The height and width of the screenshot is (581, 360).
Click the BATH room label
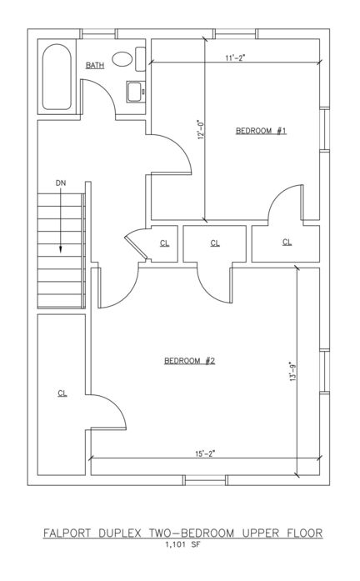tap(95, 65)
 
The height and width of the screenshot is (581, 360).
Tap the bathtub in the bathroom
tap(57, 77)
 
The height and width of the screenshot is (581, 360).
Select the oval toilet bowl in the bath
tap(122, 59)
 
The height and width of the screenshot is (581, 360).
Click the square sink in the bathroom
tap(133, 92)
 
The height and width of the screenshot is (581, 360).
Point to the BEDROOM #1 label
tap(261, 130)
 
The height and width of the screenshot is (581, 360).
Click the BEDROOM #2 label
tap(190, 361)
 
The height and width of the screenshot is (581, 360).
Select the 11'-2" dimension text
tap(235, 58)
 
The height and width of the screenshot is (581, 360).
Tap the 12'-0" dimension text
tap(201, 129)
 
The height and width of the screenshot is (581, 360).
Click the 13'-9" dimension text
tap(293, 371)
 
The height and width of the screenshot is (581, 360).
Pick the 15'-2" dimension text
tap(206, 453)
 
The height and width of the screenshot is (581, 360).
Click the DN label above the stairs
tap(60, 183)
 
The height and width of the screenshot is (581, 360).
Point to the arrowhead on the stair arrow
tap(60, 250)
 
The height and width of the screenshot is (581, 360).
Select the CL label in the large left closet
tap(62, 393)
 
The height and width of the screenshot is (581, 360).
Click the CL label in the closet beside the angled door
tap(164, 243)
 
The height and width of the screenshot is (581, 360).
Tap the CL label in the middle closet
tap(215, 243)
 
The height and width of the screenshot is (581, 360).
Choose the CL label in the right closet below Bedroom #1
tap(287, 243)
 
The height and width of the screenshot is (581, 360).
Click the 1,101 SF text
tap(182, 544)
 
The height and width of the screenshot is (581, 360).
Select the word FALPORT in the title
tap(67, 533)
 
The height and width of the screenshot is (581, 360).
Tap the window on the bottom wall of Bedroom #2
tap(205, 480)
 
